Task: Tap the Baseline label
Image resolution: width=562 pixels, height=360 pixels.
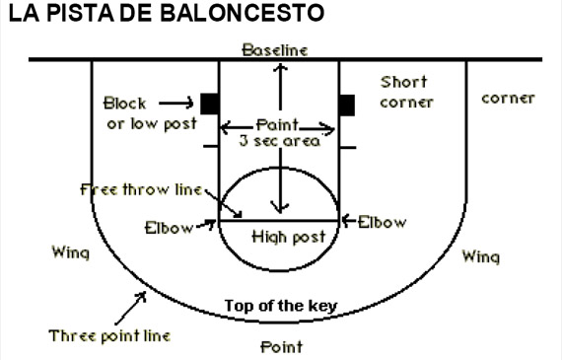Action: pos(275,49)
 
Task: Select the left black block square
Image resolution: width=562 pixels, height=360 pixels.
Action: pos(209,103)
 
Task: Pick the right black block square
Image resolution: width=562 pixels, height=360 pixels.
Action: pos(346,103)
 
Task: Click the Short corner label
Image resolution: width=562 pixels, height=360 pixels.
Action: pos(407,92)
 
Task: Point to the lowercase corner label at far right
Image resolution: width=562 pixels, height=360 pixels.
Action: pos(508,99)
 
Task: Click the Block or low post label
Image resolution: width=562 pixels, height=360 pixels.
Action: pos(152,112)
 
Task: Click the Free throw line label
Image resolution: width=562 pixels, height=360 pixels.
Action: pos(139,189)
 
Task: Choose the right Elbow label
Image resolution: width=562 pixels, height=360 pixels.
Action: pos(382,223)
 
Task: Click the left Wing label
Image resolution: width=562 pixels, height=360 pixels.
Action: pos(70,252)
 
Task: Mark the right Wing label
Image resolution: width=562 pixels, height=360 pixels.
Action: pos(480,256)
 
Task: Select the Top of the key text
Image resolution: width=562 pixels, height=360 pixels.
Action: pos(281,305)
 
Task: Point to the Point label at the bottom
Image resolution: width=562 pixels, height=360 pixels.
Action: pos(281,346)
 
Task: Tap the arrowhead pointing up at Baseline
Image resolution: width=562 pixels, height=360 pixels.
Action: pos(282,67)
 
